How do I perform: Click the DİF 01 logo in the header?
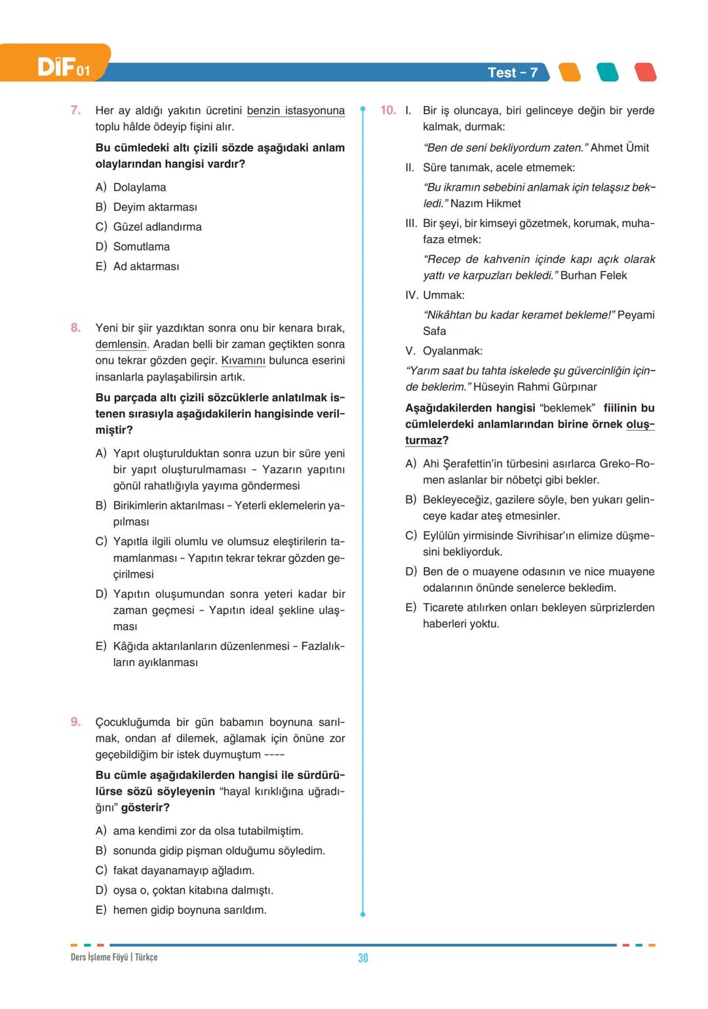tap(63, 67)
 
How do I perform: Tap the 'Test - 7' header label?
tap(512, 73)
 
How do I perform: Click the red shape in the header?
tap(646, 72)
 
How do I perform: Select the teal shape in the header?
tap(608, 72)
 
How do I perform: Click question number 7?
tap(76, 110)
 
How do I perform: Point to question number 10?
tap(388, 110)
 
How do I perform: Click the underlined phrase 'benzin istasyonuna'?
tap(296, 111)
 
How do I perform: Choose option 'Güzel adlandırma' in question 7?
tap(157, 227)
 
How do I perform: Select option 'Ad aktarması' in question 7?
tap(146, 266)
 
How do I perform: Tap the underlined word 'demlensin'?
tap(122, 344)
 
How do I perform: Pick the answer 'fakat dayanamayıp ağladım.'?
tap(184, 871)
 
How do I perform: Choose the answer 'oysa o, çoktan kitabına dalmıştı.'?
tap(193, 890)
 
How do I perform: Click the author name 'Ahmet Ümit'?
tap(619, 148)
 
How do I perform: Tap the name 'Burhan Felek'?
tap(593, 276)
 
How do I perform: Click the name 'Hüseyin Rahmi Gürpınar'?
tap(535, 387)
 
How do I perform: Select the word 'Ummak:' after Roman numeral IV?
tap(444, 296)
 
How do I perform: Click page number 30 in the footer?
tap(363, 958)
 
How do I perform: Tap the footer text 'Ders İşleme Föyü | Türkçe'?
tap(114, 957)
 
